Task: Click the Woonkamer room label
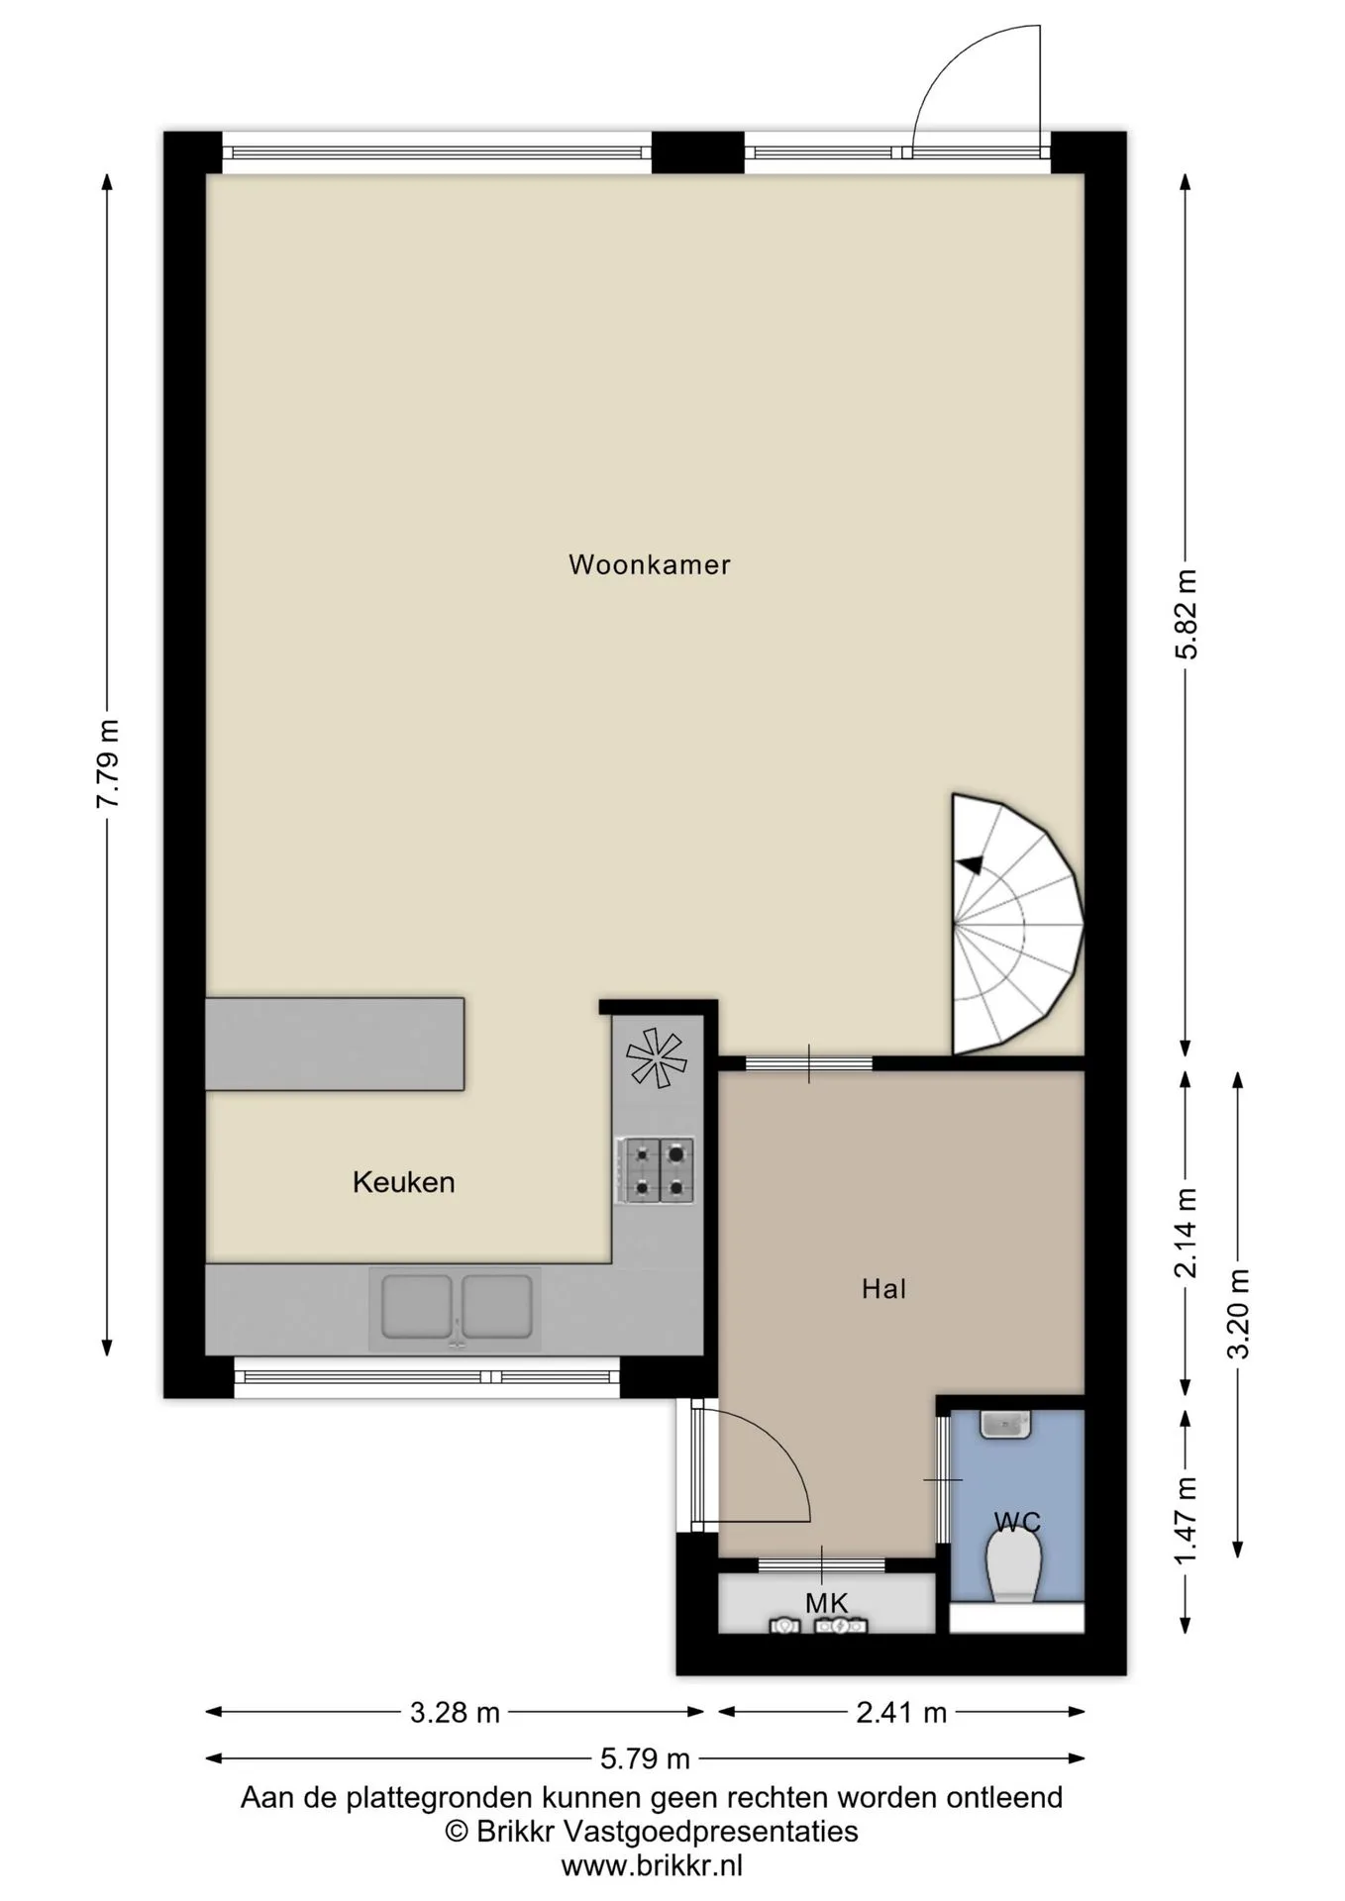649,564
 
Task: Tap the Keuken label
404,1182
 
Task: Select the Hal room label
883,1288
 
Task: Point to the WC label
1017,1522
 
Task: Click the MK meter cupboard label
827,1603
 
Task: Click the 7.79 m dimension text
107,763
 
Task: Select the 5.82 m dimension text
1186,614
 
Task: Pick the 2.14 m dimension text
1186,1233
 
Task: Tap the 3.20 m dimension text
1237,1314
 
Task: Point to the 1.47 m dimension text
1186,1521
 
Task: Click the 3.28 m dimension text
455,1712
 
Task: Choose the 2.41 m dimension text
901,1712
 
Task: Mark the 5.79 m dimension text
645,1758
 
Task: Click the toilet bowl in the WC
1014,1568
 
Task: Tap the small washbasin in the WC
1005,1424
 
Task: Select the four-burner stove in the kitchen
656,1170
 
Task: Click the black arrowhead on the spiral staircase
970,864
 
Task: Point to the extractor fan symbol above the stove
656,1057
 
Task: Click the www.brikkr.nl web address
652,1866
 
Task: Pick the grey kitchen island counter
335,1045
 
